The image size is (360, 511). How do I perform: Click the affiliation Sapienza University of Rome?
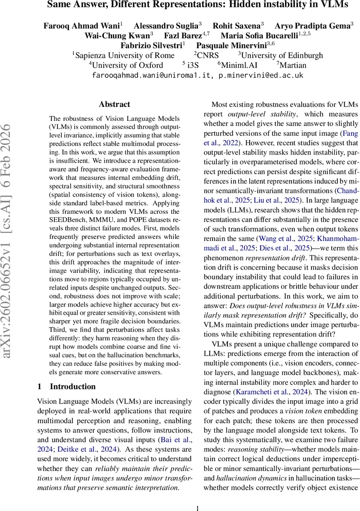pyautogui.click(x=125, y=55)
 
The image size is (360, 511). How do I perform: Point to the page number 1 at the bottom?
pyautogui.click(x=197, y=508)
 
